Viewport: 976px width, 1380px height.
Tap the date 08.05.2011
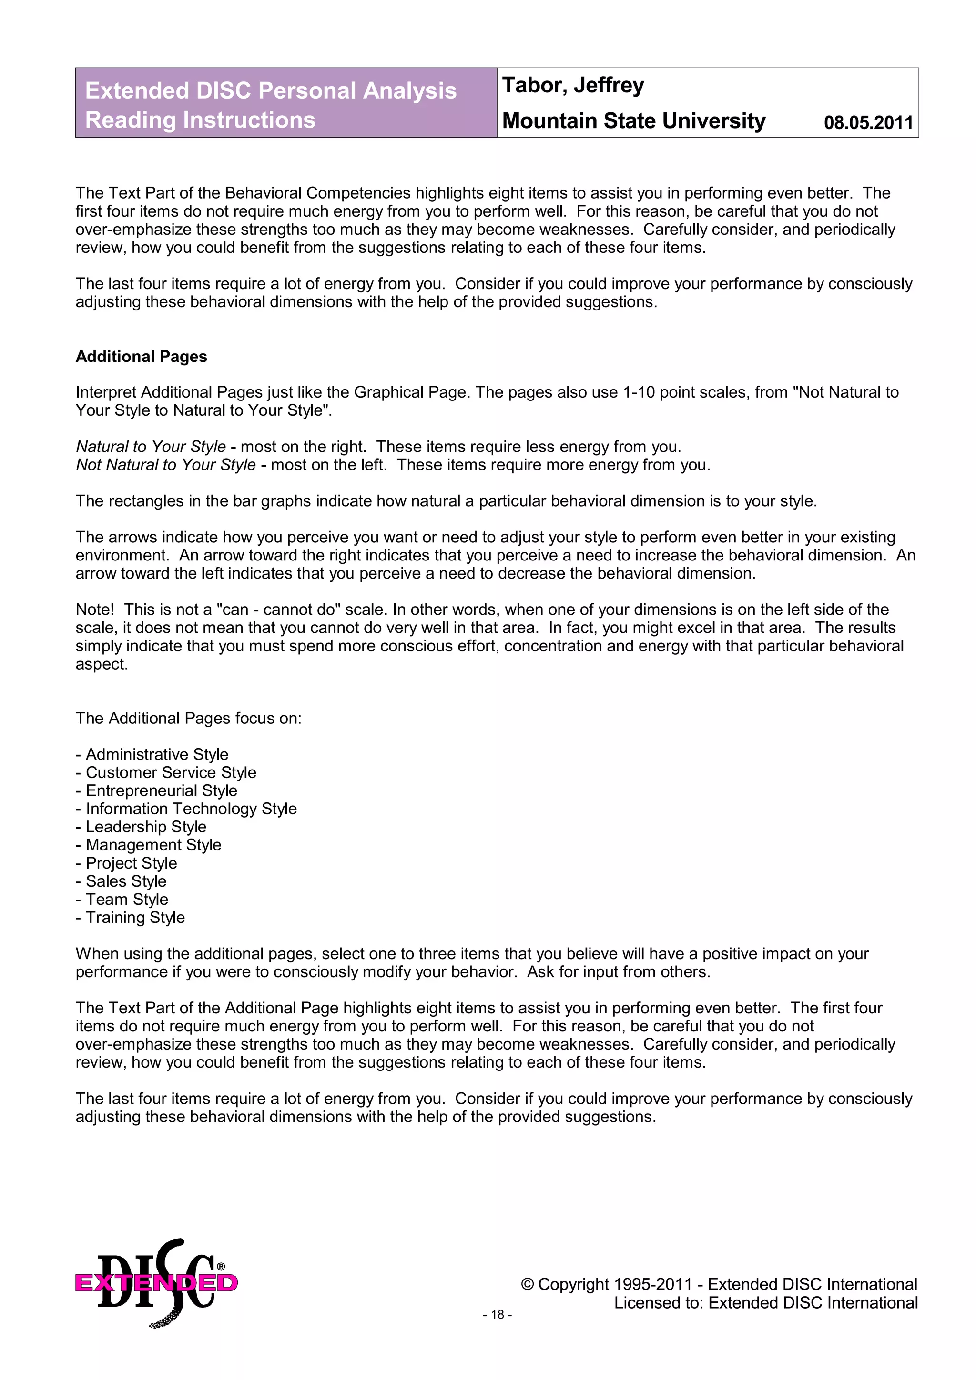[x=868, y=122]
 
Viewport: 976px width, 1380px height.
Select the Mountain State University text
[x=633, y=121]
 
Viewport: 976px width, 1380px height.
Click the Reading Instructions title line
[x=200, y=120]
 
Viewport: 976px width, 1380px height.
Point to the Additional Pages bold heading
[x=142, y=356]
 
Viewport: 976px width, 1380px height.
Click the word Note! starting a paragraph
[x=94, y=610]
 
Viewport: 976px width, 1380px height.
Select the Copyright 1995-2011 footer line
[x=719, y=1284]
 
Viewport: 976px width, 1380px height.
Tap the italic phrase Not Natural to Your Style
[x=165, y=465]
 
